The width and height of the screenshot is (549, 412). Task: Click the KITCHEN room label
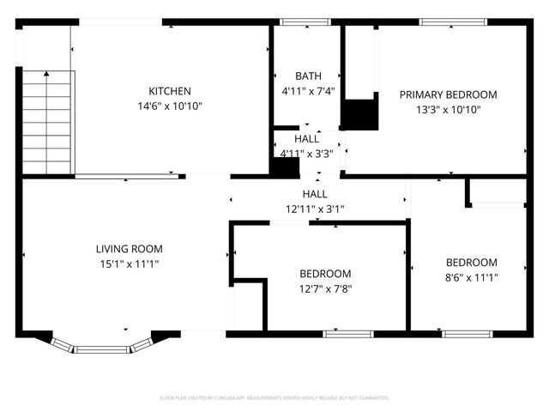point(170,91)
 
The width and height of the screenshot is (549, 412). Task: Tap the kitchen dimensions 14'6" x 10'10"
point(170,106)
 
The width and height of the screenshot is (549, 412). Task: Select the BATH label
point(307,76)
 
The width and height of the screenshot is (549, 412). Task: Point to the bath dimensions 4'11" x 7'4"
point(307,90)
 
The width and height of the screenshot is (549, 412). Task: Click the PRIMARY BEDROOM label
point(448,94)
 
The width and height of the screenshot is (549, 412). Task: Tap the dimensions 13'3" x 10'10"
point(448,109)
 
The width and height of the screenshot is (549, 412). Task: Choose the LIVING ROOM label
point(129,249)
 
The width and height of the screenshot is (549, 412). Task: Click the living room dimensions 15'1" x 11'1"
point(129,264)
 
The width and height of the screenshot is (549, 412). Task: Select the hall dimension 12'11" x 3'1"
point(314,209)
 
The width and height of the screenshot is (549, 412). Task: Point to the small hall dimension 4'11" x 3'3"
point(306,154)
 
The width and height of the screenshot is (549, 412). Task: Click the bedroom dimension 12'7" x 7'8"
point(325,288)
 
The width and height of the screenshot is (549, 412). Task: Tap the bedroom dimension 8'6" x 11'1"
point(471,276)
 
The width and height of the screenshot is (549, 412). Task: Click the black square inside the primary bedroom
point(359,114)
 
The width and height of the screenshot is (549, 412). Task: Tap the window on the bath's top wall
point(305,22)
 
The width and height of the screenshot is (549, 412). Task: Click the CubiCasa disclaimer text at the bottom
point(274,398)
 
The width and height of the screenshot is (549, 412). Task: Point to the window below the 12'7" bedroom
point(348,333)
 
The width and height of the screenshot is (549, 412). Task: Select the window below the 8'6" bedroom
point(467,333)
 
